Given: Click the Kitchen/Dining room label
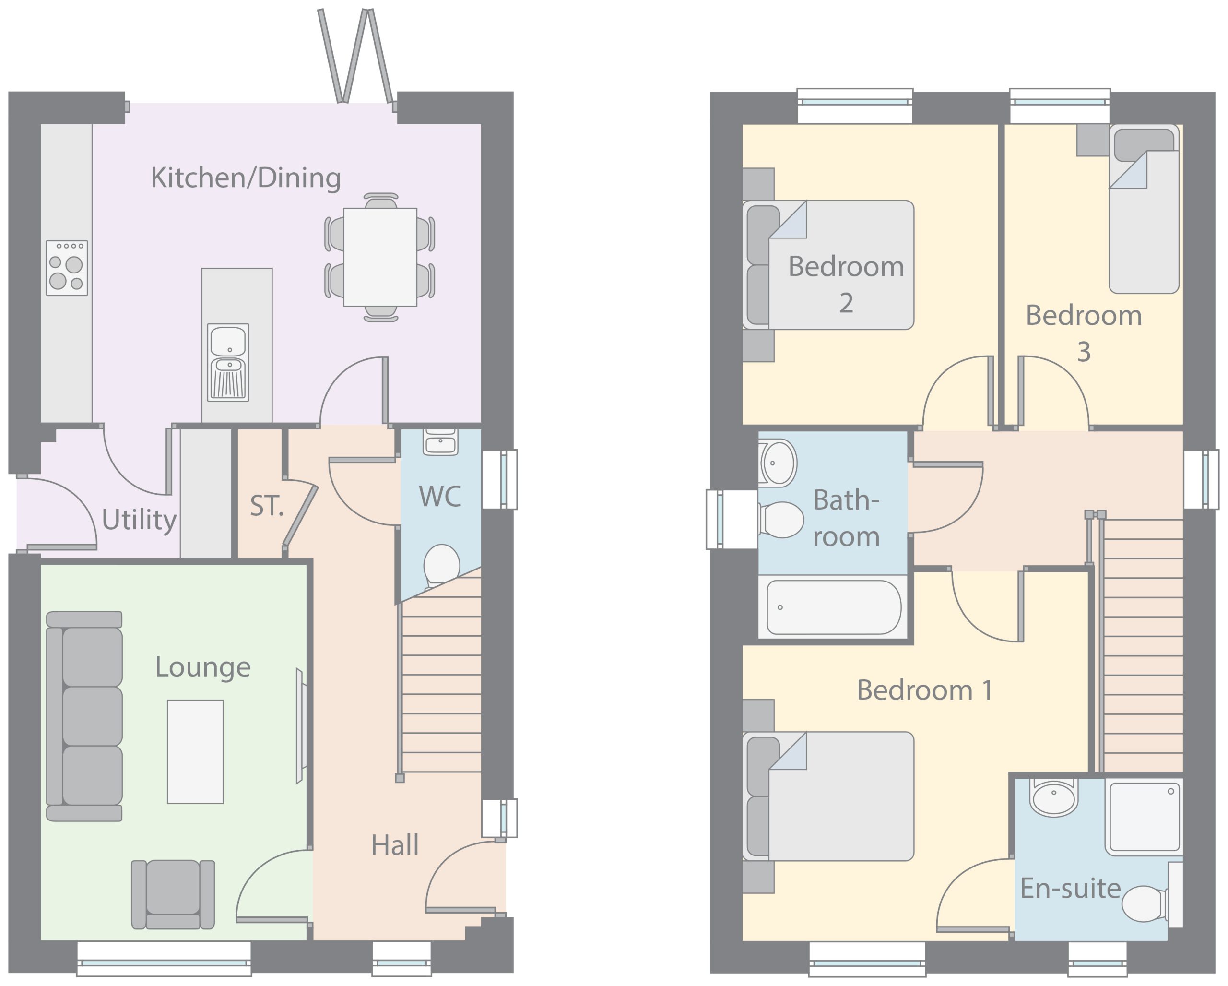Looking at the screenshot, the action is coord(246,178).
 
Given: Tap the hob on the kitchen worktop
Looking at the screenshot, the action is coord(67,268).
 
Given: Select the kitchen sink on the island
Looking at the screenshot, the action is coord(228,362).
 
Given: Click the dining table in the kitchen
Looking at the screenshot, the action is coord(380,258).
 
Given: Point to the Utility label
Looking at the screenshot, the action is coord(139,520).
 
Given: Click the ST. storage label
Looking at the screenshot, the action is coord(266,506).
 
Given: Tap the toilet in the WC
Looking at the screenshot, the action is coord(441,565).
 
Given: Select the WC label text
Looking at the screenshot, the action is coord(440,497).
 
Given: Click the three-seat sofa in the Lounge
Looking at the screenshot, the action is coord(84,716).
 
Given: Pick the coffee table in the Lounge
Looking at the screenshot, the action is coord(195,751).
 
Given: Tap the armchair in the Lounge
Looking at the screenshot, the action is coord(173,894).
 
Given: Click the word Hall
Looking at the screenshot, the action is coord(395,845).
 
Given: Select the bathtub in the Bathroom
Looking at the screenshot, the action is coord(833,607).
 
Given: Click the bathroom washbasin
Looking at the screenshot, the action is coord(777,463).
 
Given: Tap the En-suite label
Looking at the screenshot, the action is coord(1070,888).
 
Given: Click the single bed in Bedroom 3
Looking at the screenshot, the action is coord(1144,209).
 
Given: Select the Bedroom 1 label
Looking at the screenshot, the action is coord(925,690).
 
